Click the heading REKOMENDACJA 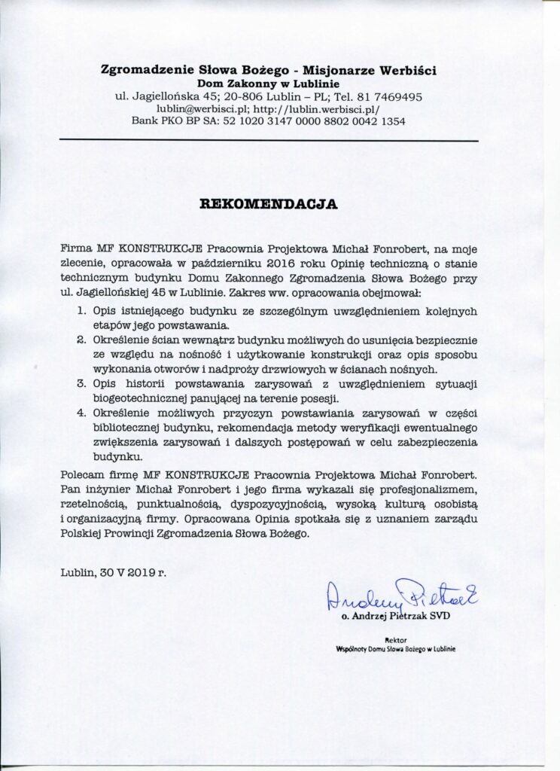(x=268, y=203)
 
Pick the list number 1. (x=82, y=311)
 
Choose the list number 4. (x=82, y=413)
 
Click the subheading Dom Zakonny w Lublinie (x=268, y=83)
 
